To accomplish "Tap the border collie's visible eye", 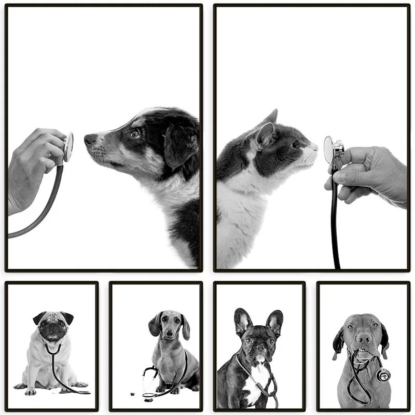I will [135, 134].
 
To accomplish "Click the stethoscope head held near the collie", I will [68, 147].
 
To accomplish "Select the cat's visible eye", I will [295, 145].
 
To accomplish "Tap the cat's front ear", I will [265, 135].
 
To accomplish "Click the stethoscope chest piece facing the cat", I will [329, 150].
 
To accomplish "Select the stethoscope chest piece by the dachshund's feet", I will [149, 396].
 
